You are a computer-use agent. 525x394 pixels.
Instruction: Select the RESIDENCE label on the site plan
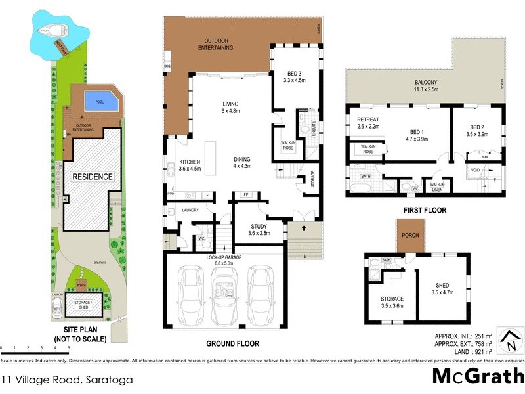click(93, 177)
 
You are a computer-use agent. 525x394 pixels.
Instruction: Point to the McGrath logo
click(478, 376)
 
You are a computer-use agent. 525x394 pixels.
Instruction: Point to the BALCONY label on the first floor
click(425, 82)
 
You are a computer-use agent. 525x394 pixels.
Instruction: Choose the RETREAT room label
click(360, 119)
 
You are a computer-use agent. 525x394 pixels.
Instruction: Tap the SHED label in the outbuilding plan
click(442, 285)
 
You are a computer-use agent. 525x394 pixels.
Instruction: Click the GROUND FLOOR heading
click(232, 344)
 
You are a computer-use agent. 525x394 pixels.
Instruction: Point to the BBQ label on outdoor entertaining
click(167, 68)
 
